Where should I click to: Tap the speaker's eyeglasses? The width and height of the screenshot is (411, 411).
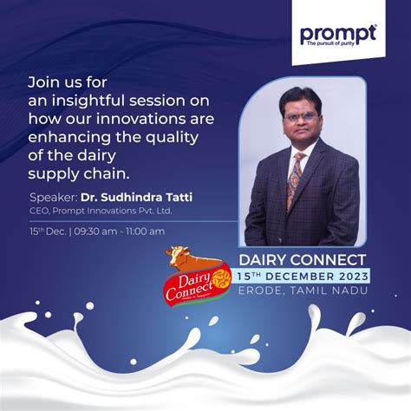300,115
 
